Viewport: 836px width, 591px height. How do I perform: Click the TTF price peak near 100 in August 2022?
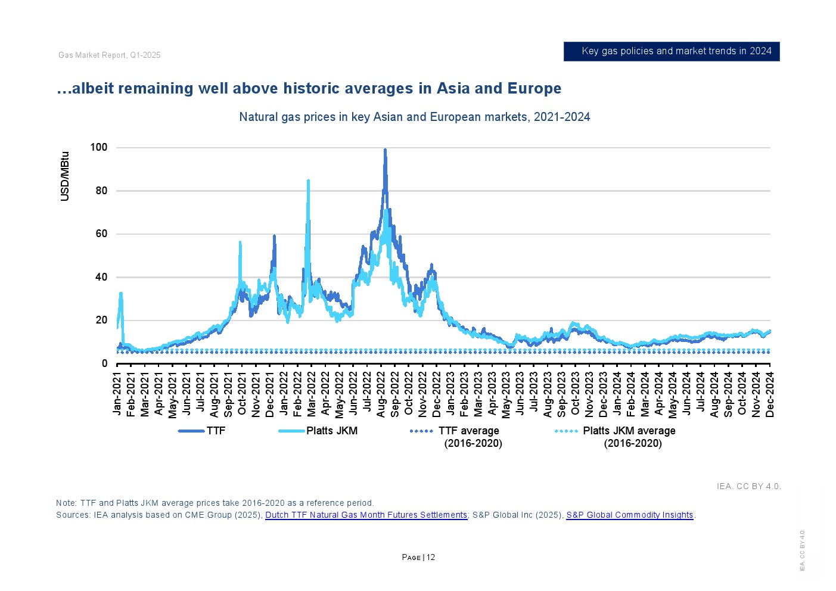385,151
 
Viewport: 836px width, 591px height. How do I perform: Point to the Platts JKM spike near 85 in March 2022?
308,181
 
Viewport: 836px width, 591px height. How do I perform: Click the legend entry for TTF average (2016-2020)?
457,437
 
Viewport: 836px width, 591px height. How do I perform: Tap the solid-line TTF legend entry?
203,431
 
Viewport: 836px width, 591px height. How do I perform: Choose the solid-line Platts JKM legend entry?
319,431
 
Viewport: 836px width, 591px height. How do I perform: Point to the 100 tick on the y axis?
99,147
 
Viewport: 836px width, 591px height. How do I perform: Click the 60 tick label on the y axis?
101,234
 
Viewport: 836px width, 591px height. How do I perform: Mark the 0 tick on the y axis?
105,363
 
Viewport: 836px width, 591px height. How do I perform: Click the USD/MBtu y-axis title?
65,176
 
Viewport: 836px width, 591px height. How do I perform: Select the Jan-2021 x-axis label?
117,393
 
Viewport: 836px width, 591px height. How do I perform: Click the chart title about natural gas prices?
414,117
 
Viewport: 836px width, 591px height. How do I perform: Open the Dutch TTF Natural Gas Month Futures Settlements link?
366,515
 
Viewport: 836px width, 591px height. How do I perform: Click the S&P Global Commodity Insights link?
629,515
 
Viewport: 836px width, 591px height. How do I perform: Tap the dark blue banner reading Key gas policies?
672,51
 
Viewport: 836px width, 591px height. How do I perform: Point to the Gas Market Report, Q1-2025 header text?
110,55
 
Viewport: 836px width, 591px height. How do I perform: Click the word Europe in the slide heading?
534,88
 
